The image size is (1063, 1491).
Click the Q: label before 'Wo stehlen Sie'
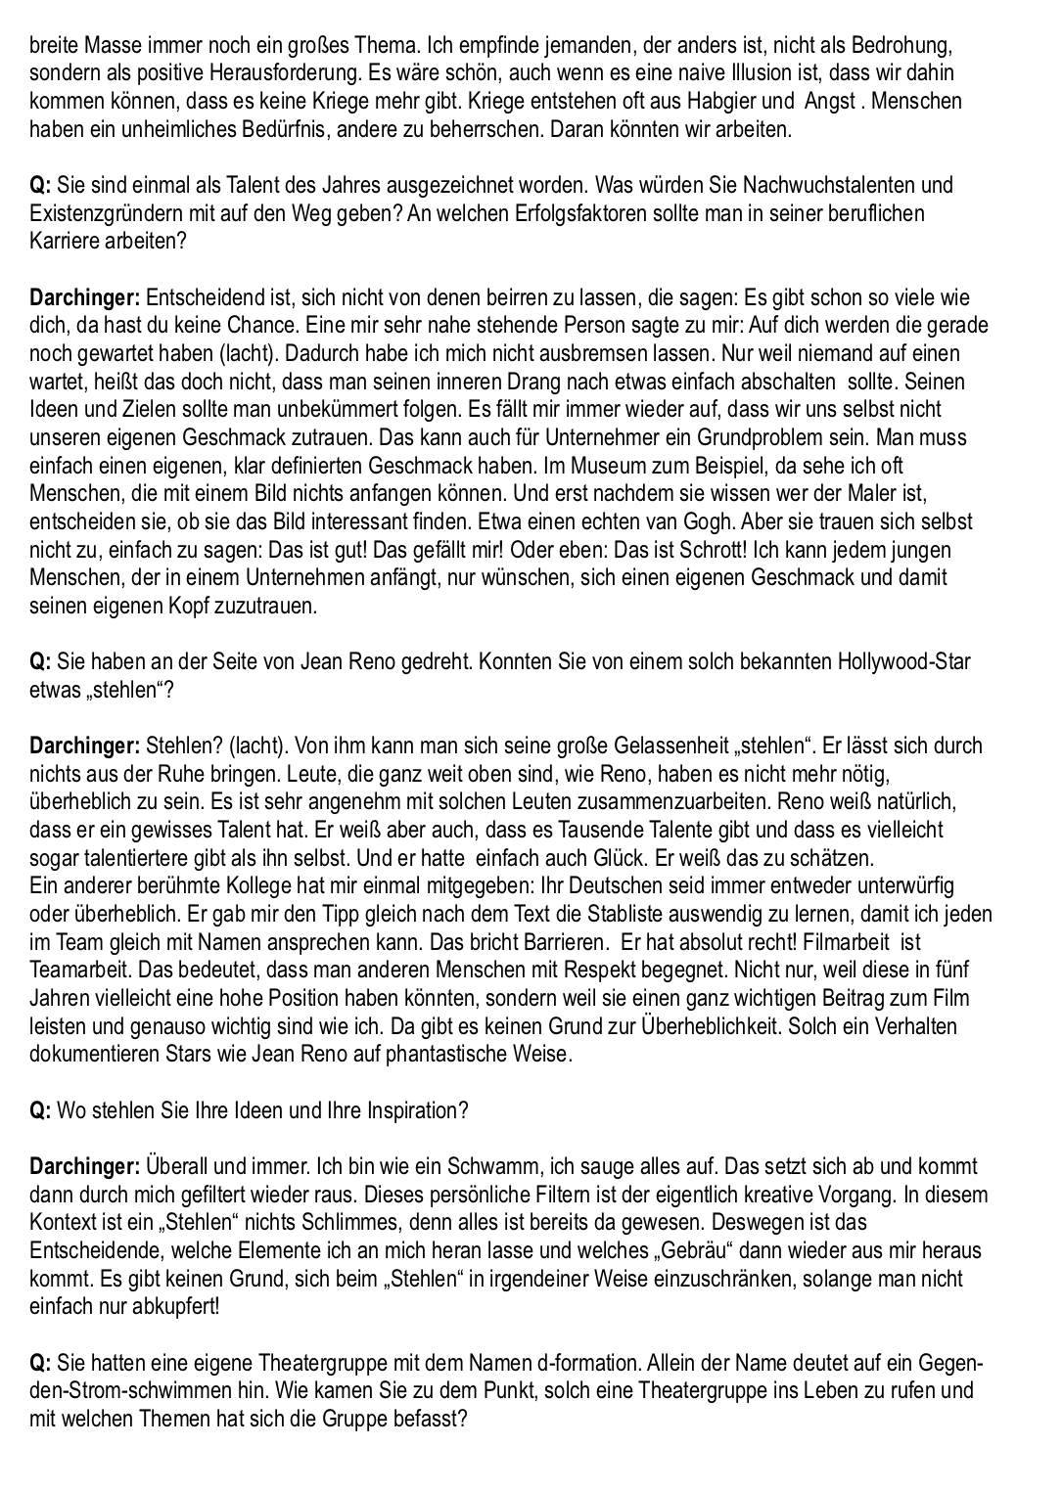point(40,1111)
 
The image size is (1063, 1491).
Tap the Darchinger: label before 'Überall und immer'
point(85,1167)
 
